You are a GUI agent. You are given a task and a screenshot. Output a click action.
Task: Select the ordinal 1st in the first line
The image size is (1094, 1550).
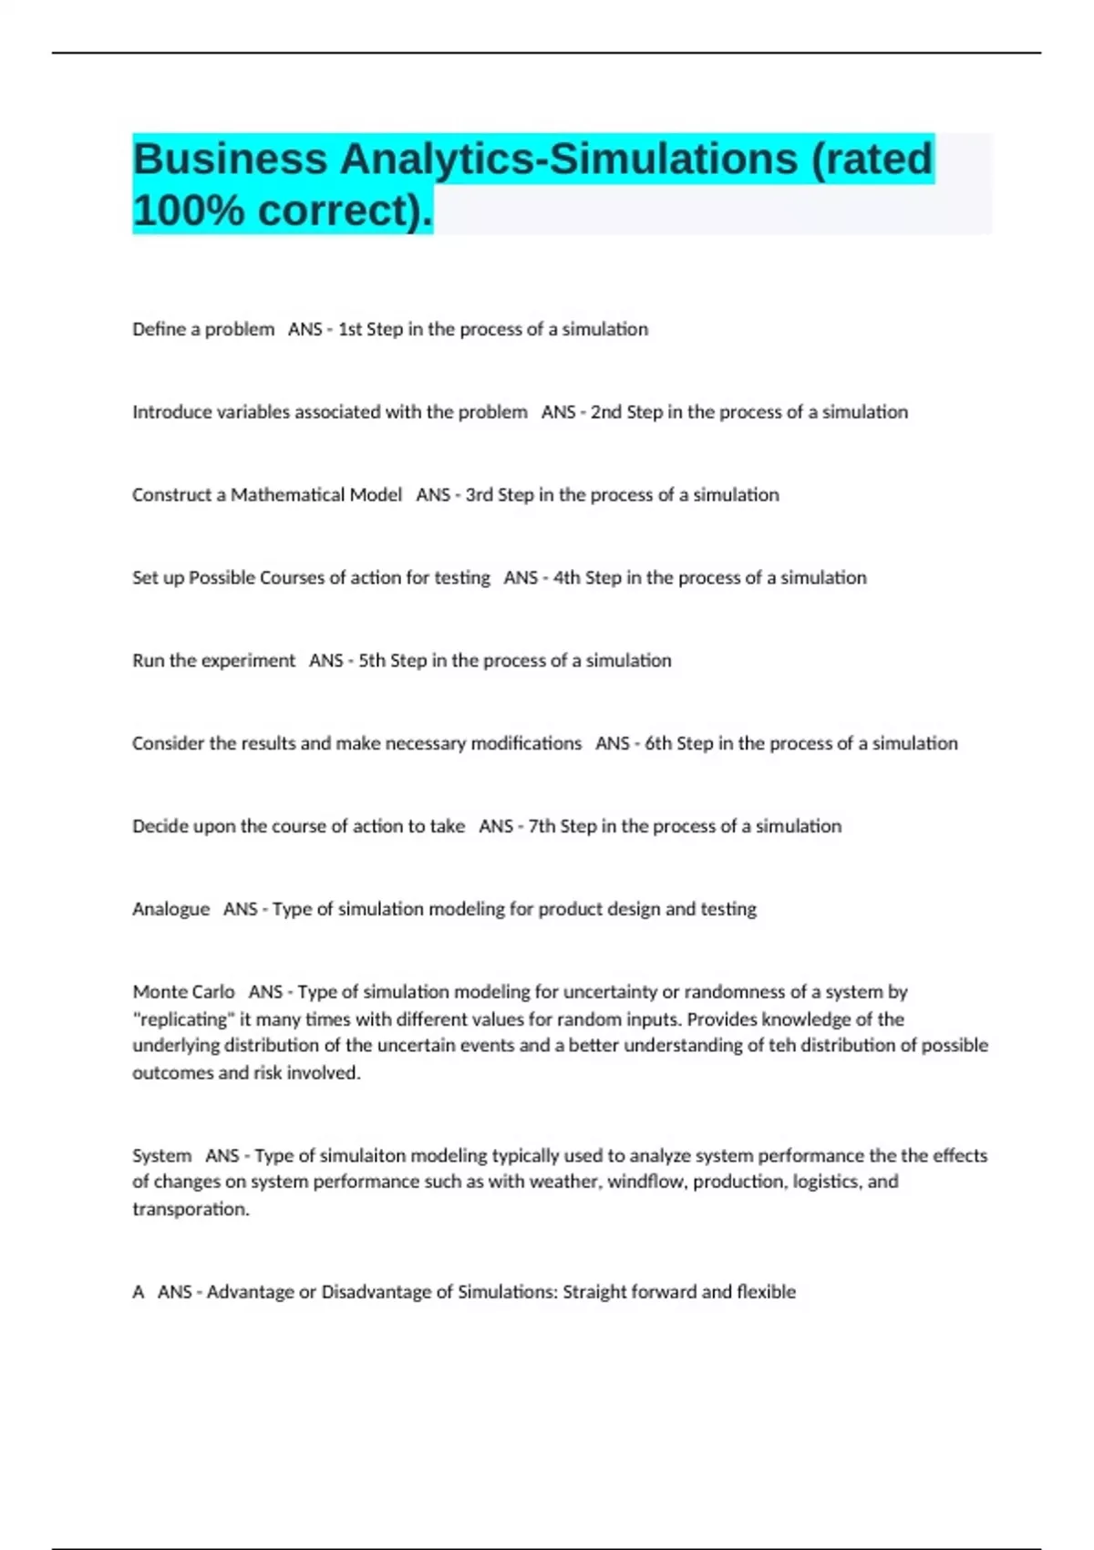[x=350, y=329]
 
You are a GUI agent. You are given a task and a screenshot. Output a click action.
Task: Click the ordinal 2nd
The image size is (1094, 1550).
[x=606, y=412]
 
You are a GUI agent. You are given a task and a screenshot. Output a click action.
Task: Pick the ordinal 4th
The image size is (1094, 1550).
[x=566, y=578]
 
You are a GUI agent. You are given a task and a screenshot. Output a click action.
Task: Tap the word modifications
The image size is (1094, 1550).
[x=526, y=744]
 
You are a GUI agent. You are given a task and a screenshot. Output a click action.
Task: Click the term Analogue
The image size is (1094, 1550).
[x=170, y=909]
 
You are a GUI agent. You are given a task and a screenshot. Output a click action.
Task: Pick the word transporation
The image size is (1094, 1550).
[x=191, y=1210]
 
